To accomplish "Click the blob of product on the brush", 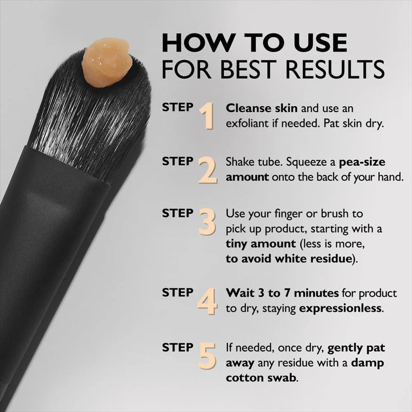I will coord(107,63).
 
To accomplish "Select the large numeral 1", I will coord(207,116).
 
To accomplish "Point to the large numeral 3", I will coord(207,222).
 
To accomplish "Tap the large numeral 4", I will coord(207,301).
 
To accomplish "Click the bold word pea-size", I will coord(362,162).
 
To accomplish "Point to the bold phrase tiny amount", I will coord(260,243).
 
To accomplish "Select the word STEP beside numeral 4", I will coord(178,293).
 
